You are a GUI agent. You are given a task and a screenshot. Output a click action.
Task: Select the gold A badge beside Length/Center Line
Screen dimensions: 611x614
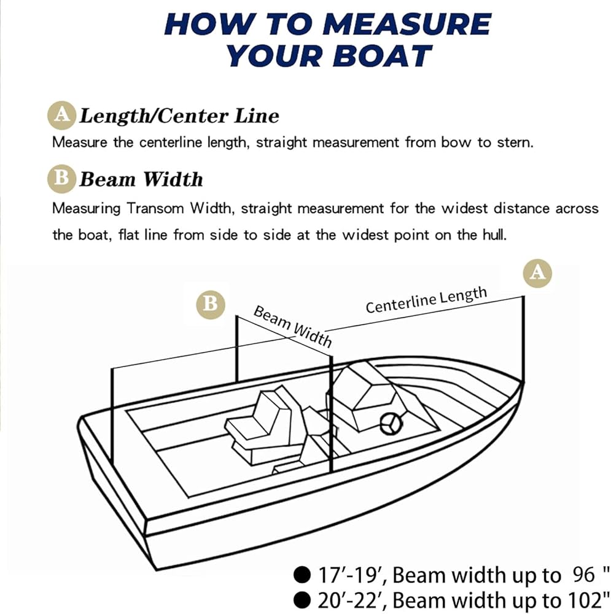coord(61,115)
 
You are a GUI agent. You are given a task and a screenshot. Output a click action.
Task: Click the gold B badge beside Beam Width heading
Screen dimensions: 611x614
coord(61,179)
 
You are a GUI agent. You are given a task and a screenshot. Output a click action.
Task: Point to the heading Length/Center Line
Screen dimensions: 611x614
coord(179,115)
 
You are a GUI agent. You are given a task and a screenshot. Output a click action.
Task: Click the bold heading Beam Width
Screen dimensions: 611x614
coord(141,179)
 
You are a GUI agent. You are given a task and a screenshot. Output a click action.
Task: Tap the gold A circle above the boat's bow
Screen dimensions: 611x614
coord(537,272)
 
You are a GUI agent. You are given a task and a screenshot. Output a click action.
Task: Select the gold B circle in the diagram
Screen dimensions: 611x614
coord(210,303)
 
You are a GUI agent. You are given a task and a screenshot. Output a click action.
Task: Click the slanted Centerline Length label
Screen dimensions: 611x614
coord(426,300)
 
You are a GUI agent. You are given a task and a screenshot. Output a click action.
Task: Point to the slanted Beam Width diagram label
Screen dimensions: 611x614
coord(292,325)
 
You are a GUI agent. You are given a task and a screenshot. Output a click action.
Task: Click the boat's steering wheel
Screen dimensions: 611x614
coord(391,424)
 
